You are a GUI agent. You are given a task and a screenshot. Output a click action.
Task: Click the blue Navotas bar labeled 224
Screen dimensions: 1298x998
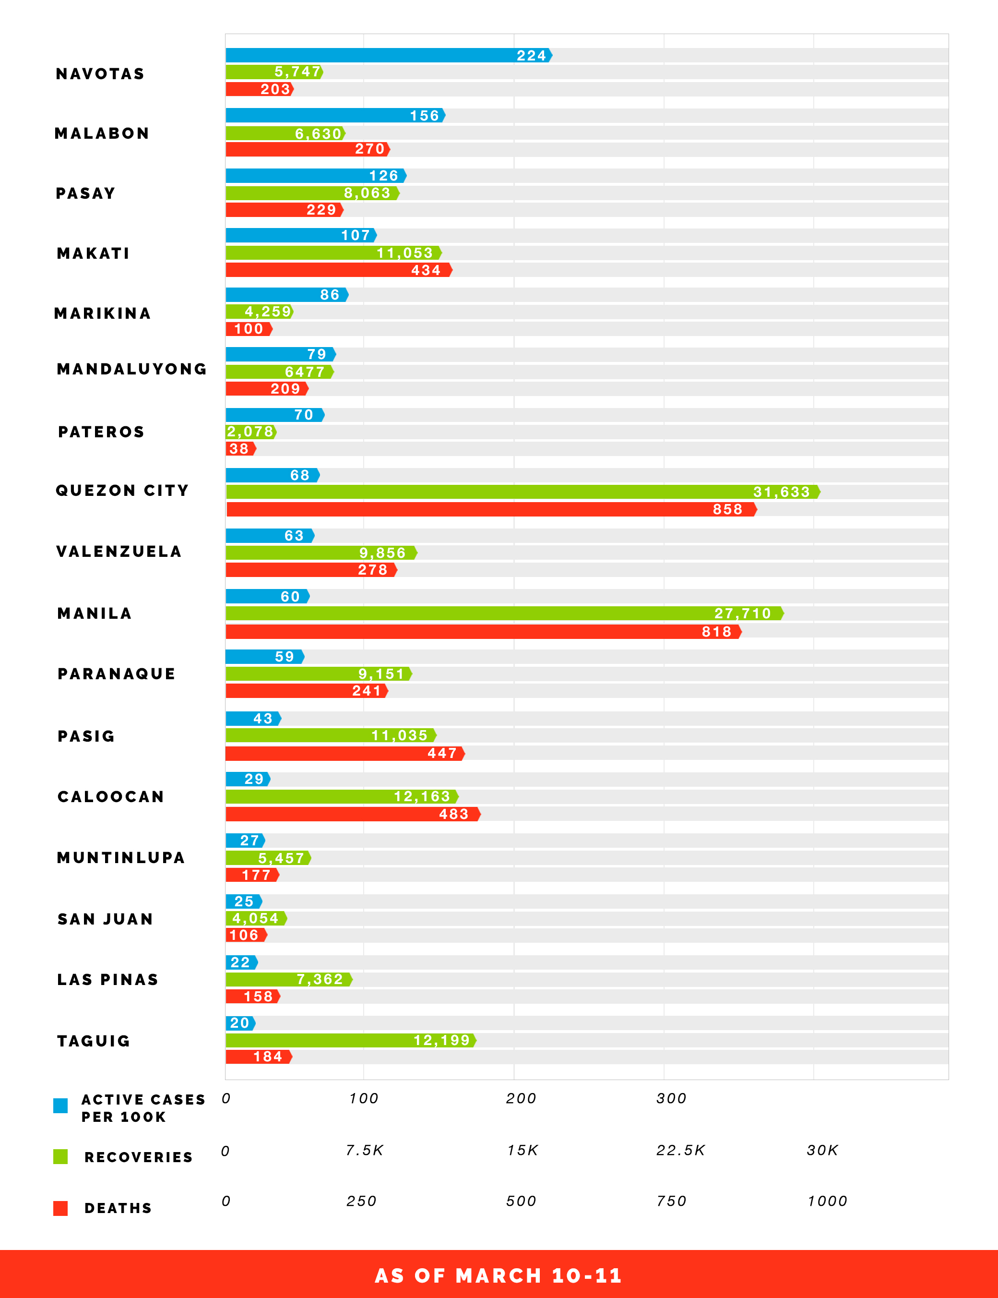[x=389, y=55]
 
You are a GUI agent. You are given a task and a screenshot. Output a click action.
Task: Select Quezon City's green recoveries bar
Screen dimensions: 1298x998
[x=523, y=492]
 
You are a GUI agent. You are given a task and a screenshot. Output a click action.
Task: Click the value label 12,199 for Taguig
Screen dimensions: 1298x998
[x=441, y=1040]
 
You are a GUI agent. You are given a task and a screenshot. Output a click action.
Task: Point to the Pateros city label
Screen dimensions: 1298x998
[x=101, y=432]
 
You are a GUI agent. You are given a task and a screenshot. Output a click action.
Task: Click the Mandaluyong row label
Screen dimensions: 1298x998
[x=132, y=369]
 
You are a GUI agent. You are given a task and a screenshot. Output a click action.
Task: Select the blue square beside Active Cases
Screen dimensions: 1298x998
[x=60, y=1106]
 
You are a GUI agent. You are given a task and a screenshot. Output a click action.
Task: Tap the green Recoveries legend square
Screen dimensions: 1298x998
[x=60, y=1156]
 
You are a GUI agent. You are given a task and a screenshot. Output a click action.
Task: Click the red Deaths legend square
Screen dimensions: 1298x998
[x=60, y=1208]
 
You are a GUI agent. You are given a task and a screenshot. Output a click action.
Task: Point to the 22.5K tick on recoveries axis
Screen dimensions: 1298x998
[x=680, y=1151]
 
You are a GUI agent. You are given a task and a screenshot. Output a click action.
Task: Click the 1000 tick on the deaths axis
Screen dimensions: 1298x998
[x=827, y=1201]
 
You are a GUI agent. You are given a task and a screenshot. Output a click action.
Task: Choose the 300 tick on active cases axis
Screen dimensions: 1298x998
[x=671, y=1098]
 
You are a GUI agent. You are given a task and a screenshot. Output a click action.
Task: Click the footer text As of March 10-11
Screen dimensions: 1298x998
[x=499, y=1275]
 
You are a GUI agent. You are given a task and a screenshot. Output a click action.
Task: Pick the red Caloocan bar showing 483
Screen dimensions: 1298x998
[x=353, y=814]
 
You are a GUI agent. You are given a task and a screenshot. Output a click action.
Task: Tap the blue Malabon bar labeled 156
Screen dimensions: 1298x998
[x=335, y=115]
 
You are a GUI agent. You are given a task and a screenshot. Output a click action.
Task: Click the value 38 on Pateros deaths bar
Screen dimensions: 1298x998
[x=239, y=449]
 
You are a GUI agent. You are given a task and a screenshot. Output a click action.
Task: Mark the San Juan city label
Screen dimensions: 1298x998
[x=105, y=919]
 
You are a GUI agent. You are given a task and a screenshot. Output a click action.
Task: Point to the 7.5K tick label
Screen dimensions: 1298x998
[x=364, y=1151]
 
